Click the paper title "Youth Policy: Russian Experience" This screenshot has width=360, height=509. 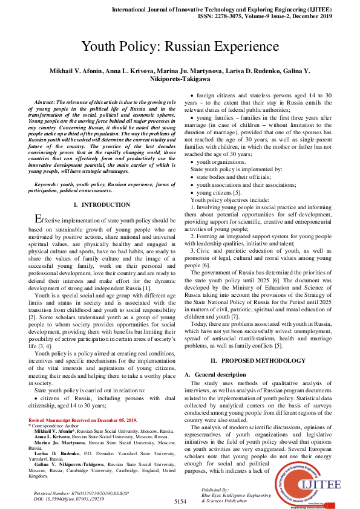click(x=180, y=47)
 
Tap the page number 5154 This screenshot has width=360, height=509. click(x=180, y=502)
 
